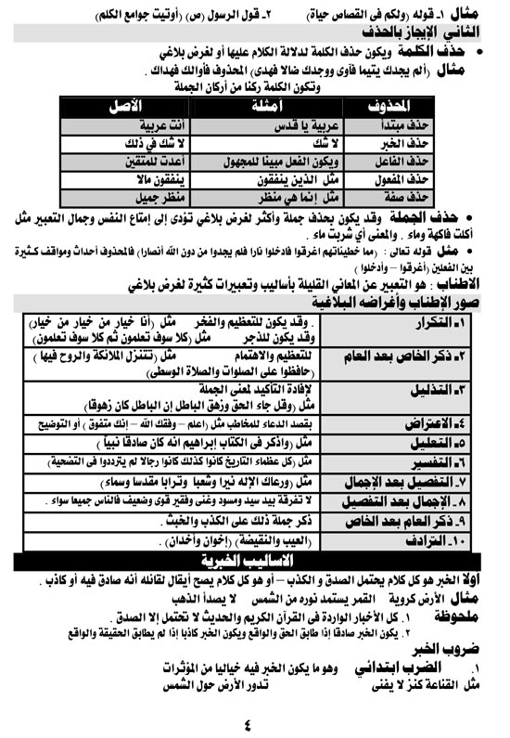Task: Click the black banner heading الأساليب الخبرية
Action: (254, 560)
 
